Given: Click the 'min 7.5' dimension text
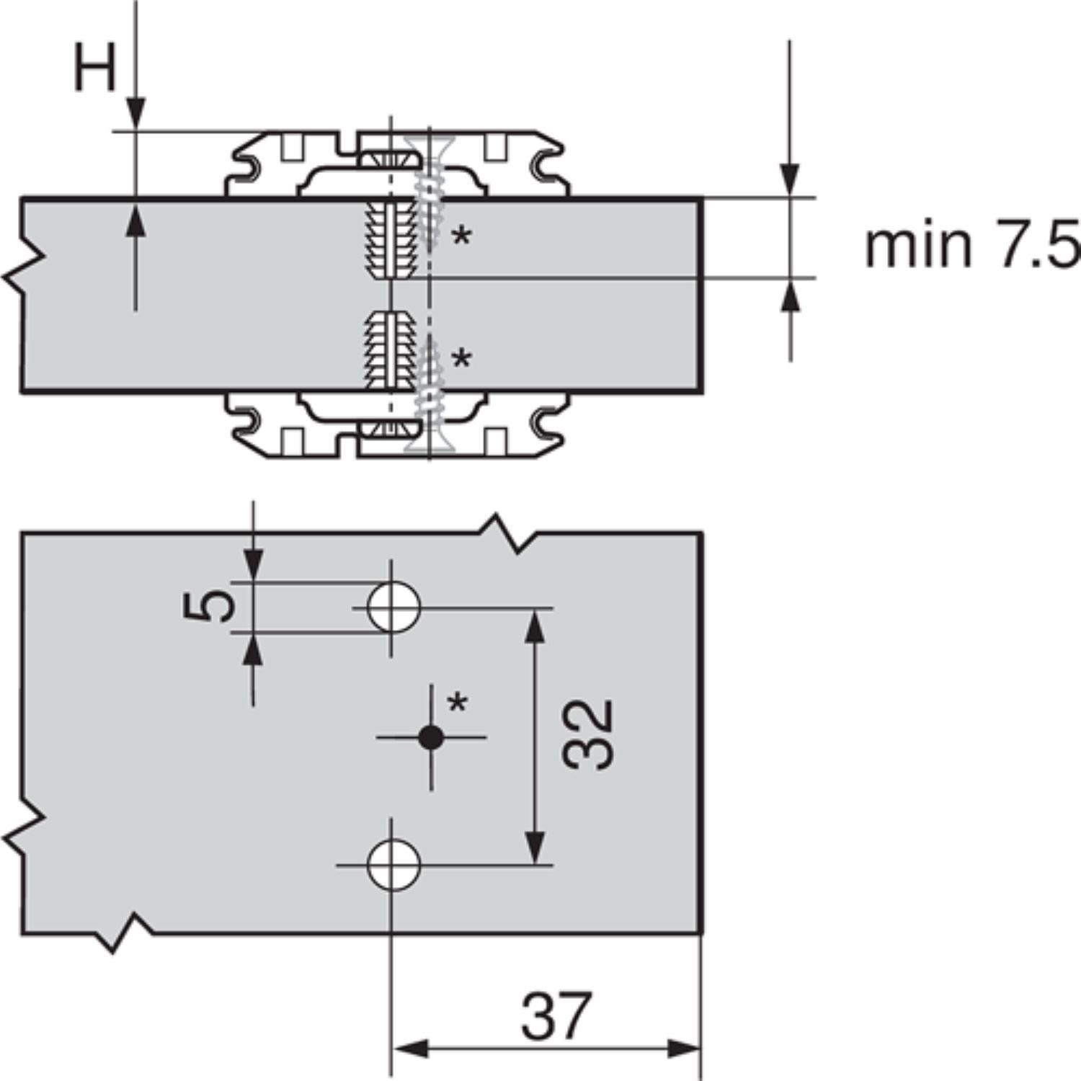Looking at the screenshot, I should pyautogui.click(x=971, y=245).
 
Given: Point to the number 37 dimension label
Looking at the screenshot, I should pyautogui.click(x=556, y=1015).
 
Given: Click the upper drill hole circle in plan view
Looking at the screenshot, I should pyautogui.click(x=393, y=608).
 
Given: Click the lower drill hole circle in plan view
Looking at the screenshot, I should pyautogui.click(x=393, y=865).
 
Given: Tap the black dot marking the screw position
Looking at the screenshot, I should pyautogui.click(x=431, y=737).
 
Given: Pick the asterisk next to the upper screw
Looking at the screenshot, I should pyautogui.click(x=461, y=236).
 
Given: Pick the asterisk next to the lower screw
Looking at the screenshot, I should pyautogui.click(x=461, y=358).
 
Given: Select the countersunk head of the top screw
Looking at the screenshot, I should pyautogui.click(x=428, y=144).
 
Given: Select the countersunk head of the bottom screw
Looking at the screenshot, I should pyautogui.click(x=429, y=443).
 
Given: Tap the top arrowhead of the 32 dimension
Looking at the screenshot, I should pyautogui.click(x=534, y=624).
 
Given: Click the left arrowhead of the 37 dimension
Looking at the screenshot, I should pyautogui.click(x=407, y=1049).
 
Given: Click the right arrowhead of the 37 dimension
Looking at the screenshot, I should pyautogui.click(x=685, y=1049).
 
